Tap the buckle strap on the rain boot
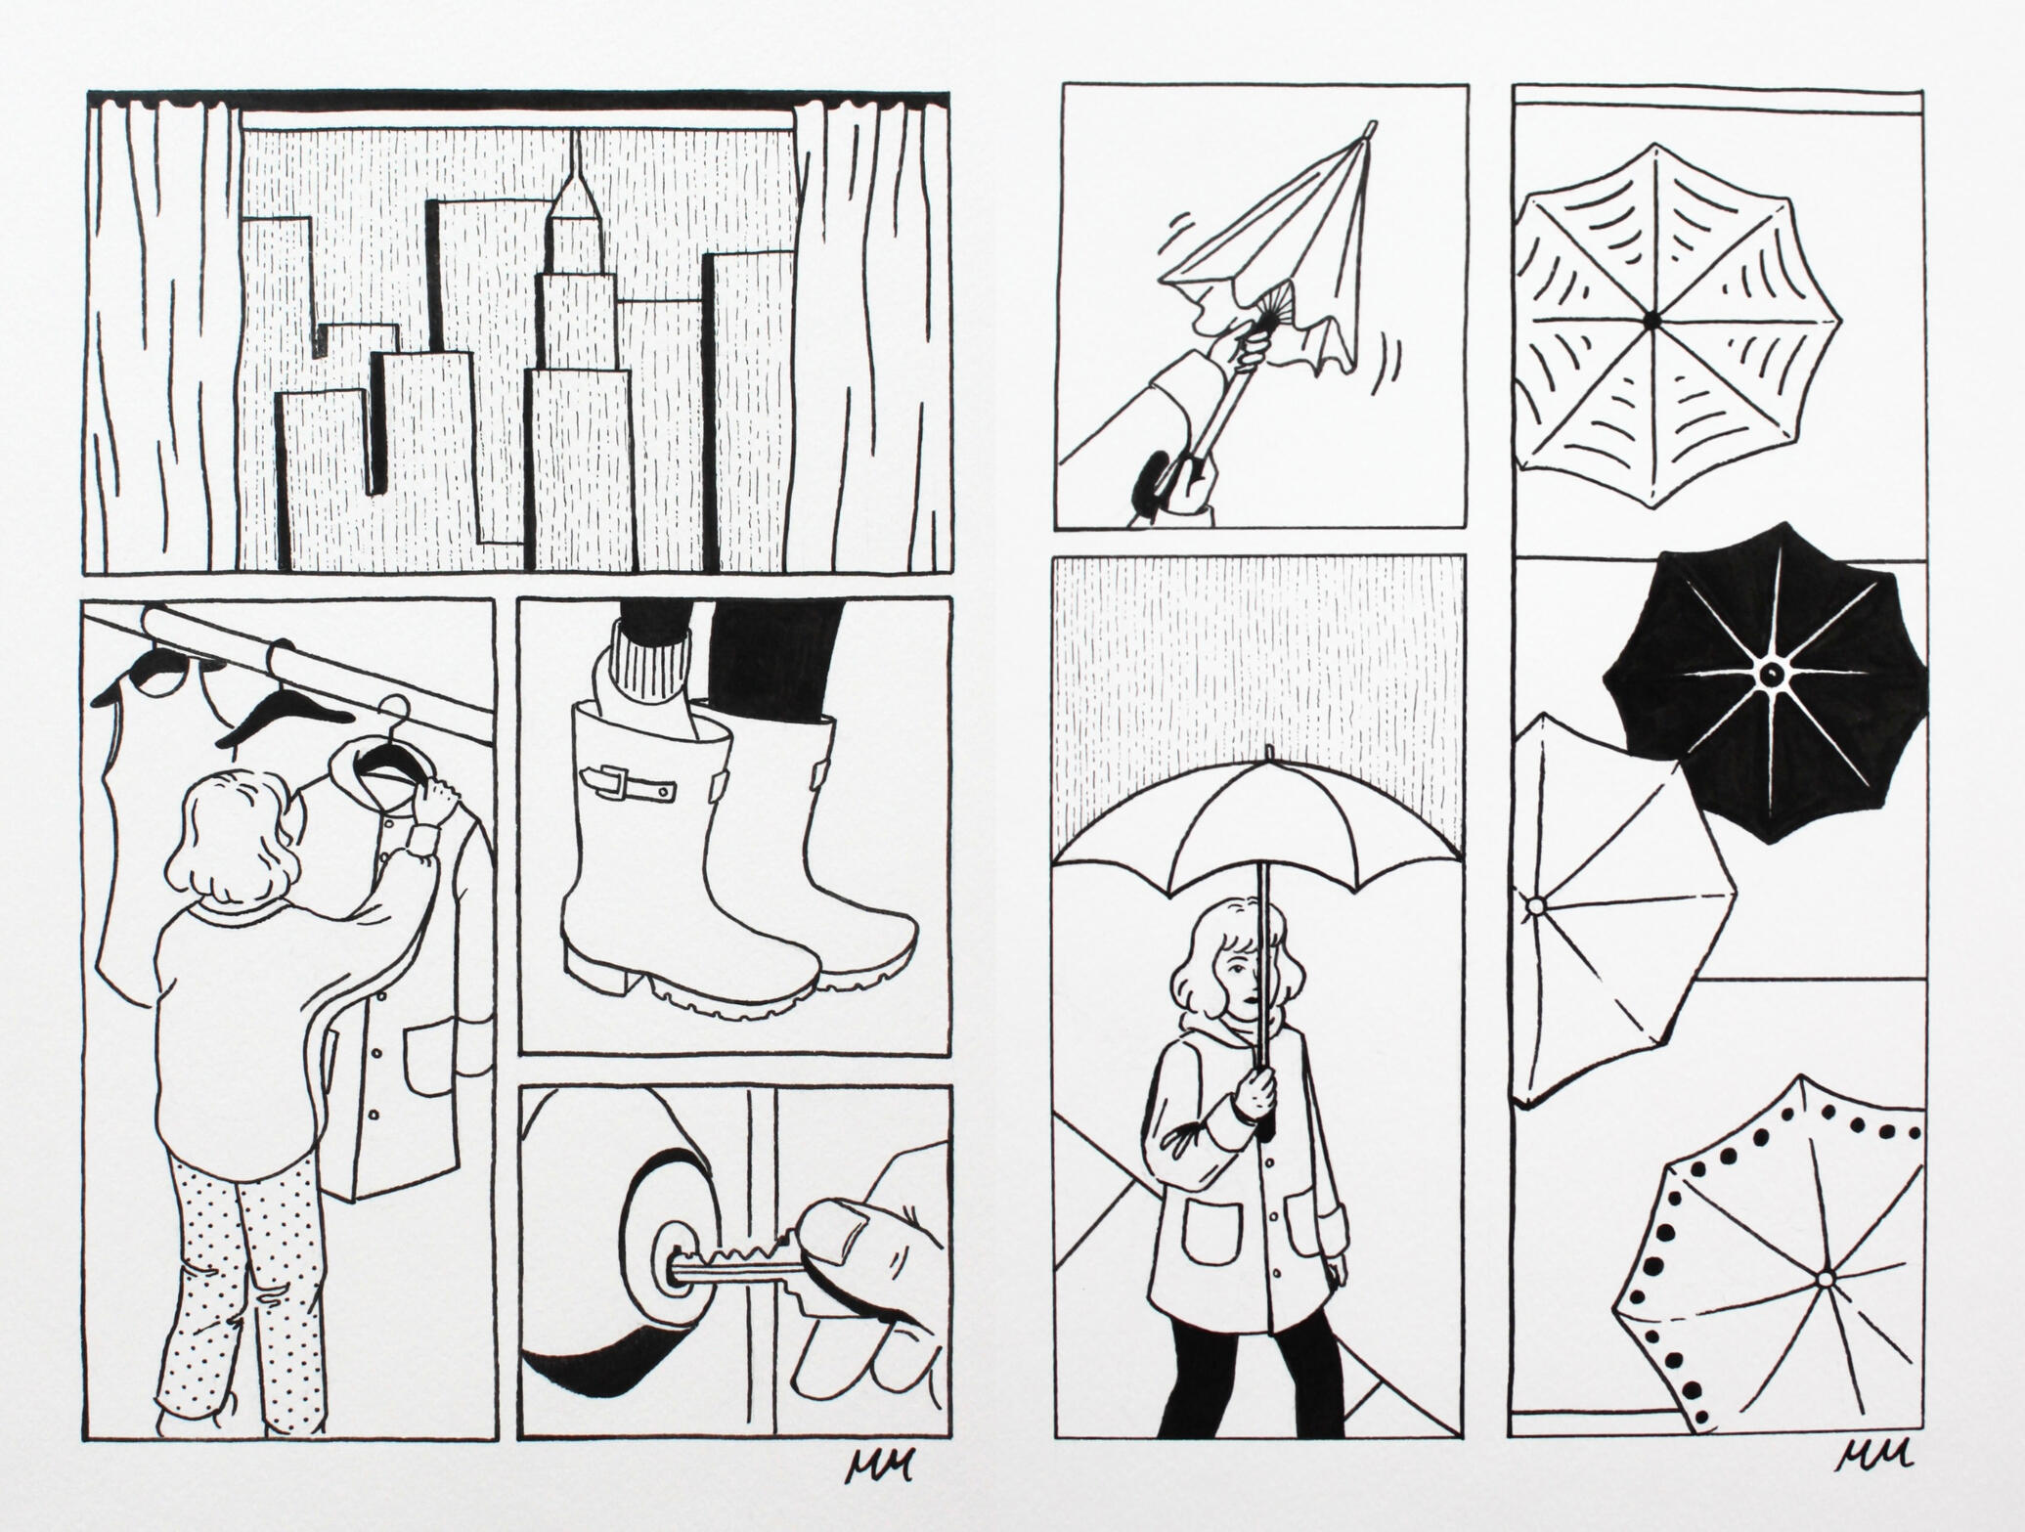tap(629, 782)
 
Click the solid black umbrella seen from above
tap(1768, 684)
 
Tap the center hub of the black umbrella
tap(1770, 674)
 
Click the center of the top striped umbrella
tap(1651, 319)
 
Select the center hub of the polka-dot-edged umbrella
tap(1823, 1279)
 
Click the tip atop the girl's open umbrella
tap(1268, 754)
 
